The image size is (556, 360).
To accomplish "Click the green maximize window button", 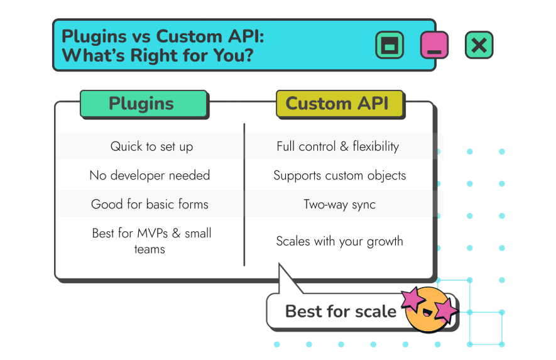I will click(x=390, y=45).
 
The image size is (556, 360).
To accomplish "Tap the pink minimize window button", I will click(x=434, y=45).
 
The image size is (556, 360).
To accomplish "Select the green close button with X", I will click(x=479, y=45).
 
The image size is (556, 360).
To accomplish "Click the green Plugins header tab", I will click(x=143, y=104).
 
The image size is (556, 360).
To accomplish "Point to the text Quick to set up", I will click(x=151, y=146).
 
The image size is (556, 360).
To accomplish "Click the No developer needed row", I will click(x=150, y=175).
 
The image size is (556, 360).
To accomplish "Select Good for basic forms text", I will click(x=150, y=204).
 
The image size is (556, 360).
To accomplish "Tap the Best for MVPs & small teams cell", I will click(x=151, y=241).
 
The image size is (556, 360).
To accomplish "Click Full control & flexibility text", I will click(x=337, y=146).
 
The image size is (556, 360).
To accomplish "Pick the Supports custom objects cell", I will click(x=339, y=175).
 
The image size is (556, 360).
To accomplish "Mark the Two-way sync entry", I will click(x=339, y=204).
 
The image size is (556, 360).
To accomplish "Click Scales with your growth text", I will click(x=339, y=241).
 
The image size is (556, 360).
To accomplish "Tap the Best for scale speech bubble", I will click(x=339, y=311).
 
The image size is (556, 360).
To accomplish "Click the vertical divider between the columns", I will click(x=244, y=195).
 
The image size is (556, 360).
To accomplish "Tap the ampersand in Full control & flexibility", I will click(x=344, y=147).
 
